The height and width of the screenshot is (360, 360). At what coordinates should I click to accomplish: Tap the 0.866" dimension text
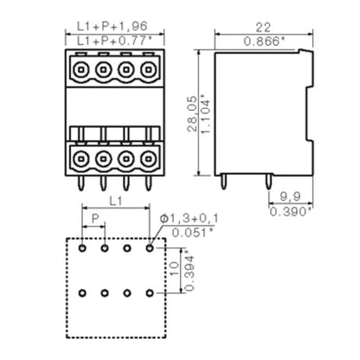pos(262,42)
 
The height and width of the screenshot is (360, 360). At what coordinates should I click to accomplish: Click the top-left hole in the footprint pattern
pos(82,248)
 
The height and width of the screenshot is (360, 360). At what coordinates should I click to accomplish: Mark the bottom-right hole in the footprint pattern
pos(150,293)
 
